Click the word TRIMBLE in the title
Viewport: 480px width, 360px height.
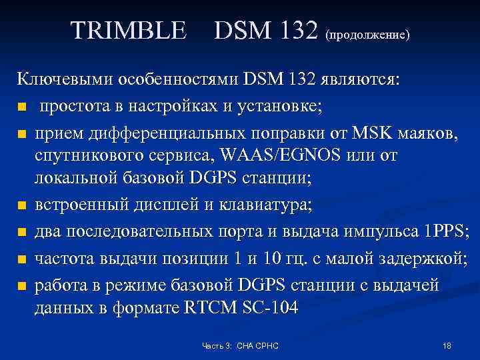click(129, 30)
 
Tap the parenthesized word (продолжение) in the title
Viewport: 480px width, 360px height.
click(367, 33)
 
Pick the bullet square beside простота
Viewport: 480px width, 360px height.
click(22, 107)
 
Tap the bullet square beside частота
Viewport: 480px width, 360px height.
click(22, 259)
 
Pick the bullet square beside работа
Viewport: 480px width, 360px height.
click(22, 285)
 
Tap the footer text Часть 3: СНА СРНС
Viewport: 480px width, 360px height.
click(241, 346)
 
